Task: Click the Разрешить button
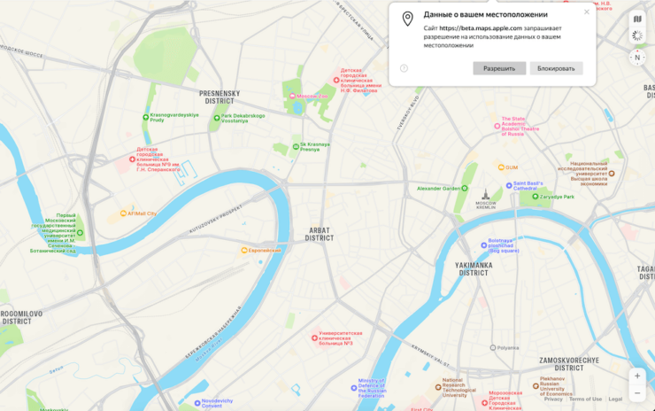pyautogui.click(x=499, y=68)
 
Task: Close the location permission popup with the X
pyautogui.click(x=586, y=12)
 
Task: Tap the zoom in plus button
pyautogui.click(x=637, y=376)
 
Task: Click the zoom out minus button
pyautogui.click(x=637, y=393)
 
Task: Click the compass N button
pyautogui.click(x=636, y=58)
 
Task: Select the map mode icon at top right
pyautogui.click(x=636, y=19)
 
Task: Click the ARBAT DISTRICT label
pyautogui.click(x=320, y=234)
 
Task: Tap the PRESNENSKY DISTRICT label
pyautogui.click(x=220, y=97)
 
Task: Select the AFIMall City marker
pyautogui.click(x=140, y=213)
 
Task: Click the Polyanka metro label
pyautogui.click(x=505, y=347)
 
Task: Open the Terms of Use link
pyautogui.click(x=585, y=399)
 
